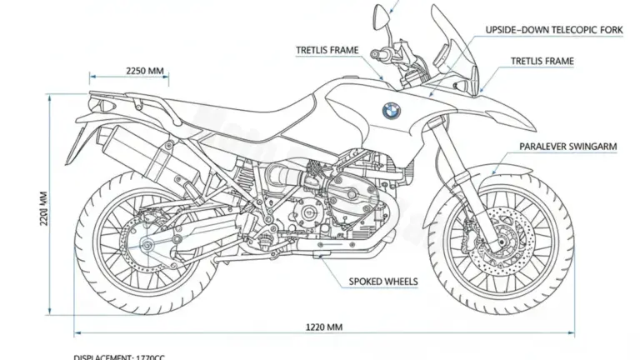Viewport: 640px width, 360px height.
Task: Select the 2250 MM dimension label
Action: point(145,71)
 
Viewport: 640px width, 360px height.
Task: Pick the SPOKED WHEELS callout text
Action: point(383,281)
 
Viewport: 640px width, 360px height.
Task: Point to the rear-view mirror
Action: point(382,14)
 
